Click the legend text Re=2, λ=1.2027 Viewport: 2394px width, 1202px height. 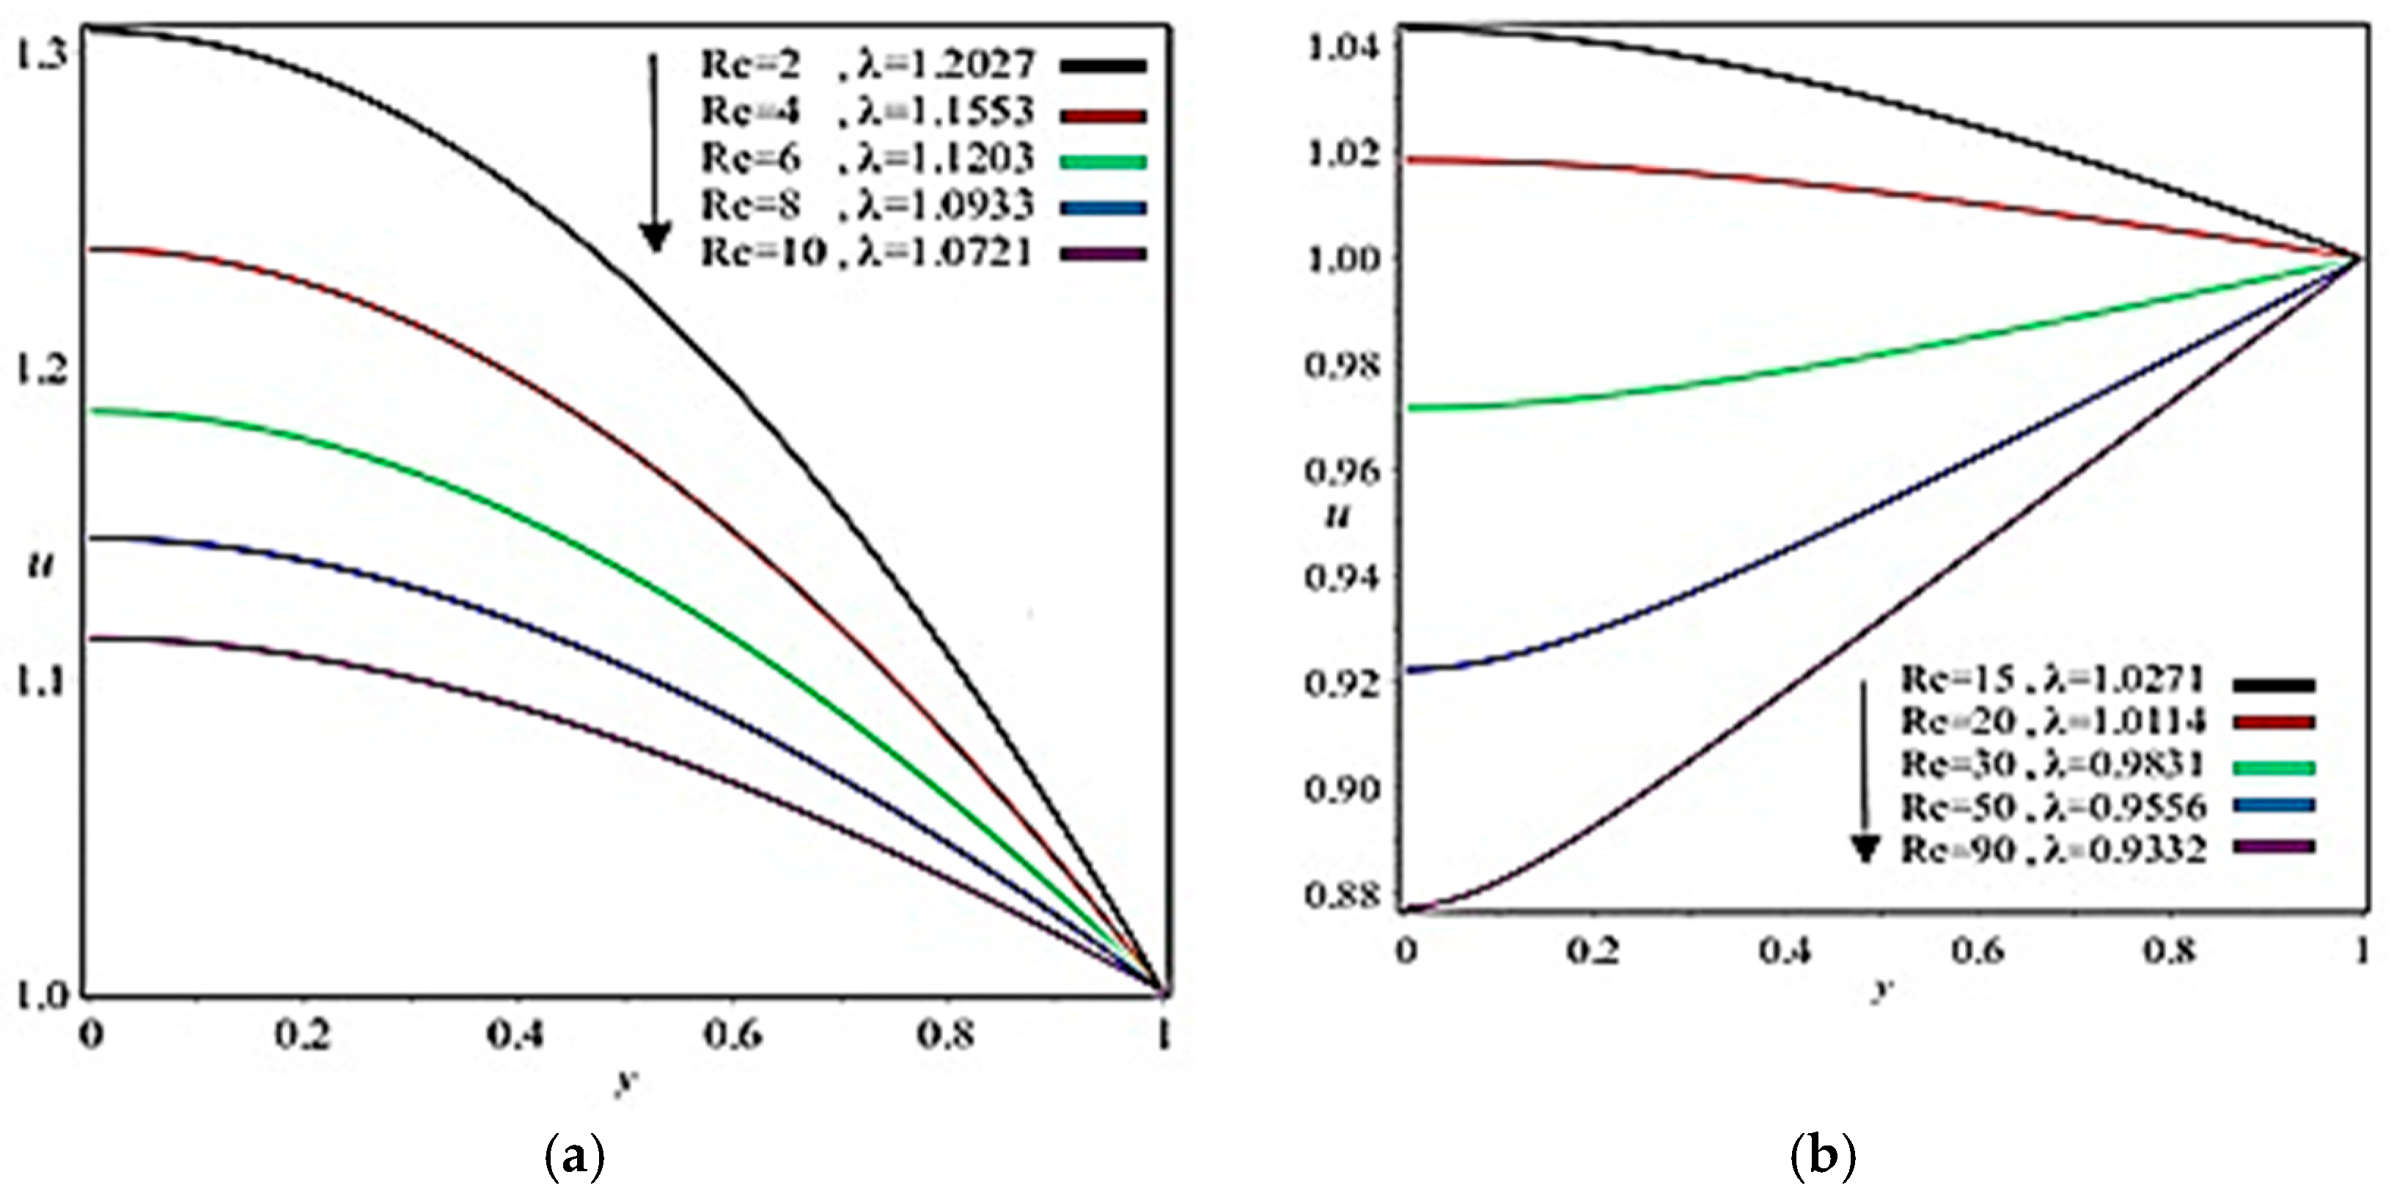[866, 65]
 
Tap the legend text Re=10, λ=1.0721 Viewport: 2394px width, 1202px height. [866, 253]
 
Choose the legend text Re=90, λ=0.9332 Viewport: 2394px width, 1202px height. [2052, 849]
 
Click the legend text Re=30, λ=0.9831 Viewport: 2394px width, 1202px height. [2052, 764]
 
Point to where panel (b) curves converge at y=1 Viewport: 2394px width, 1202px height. [2359, 257]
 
